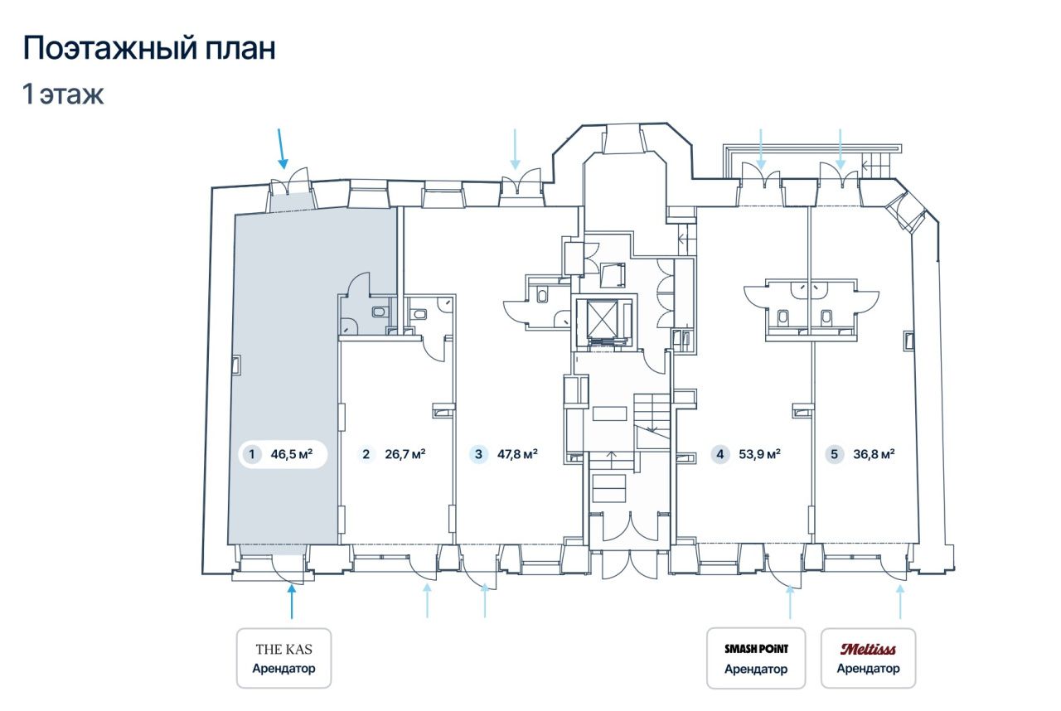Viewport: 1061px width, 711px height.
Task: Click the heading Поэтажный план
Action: tap(149, 49)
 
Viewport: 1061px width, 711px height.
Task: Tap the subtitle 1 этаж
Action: tap(63, 94)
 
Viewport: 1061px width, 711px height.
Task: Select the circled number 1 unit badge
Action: tap(251, 454)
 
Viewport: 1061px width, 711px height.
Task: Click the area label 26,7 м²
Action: tap(405, 454)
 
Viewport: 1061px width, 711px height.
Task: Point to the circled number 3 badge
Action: tap(478, 454)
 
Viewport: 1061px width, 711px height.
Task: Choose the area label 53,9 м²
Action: tap(760, 454)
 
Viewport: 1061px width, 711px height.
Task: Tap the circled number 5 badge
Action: tap(834, 454)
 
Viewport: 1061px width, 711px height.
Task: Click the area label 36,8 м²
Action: tap(874, 454)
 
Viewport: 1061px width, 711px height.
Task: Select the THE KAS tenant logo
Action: tap(283, 649)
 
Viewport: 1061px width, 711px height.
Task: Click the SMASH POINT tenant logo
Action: tap(756, 649)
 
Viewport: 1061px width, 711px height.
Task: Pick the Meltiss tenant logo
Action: tap(868, 649)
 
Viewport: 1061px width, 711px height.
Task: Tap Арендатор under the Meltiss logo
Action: tap(868, 669)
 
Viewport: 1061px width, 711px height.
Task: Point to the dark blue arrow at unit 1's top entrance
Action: tap(281, 148)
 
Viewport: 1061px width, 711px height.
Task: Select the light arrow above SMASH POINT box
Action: tap(790, 602)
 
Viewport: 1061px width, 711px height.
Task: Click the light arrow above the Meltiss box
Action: tap(900, 602)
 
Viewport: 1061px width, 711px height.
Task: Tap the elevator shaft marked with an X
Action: tap(603, 319)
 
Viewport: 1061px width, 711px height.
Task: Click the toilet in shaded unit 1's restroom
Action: tap(380, 312)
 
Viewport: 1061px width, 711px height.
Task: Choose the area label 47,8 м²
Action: tap(517, 454)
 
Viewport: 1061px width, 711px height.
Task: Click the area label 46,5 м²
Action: tap(291, 454)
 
